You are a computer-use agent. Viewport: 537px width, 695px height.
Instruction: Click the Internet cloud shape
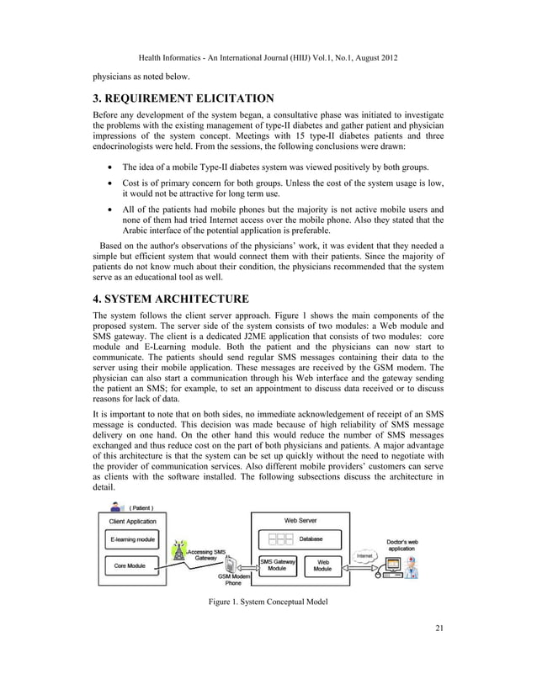[364, 555]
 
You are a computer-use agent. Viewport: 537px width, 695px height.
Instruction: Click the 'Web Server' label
[300, 521]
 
